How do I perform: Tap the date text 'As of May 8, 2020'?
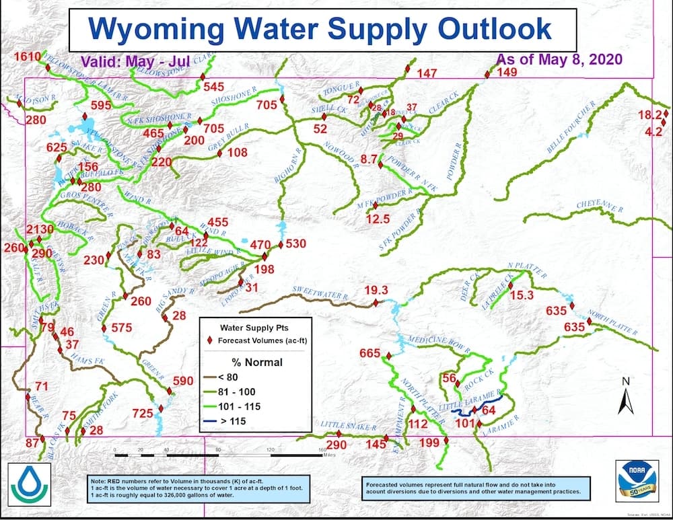(559, 59)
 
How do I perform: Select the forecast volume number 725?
(143, 413)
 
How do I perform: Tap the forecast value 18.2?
(649, 115)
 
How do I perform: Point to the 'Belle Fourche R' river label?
(571, 130)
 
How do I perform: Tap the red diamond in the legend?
(210, 340)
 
